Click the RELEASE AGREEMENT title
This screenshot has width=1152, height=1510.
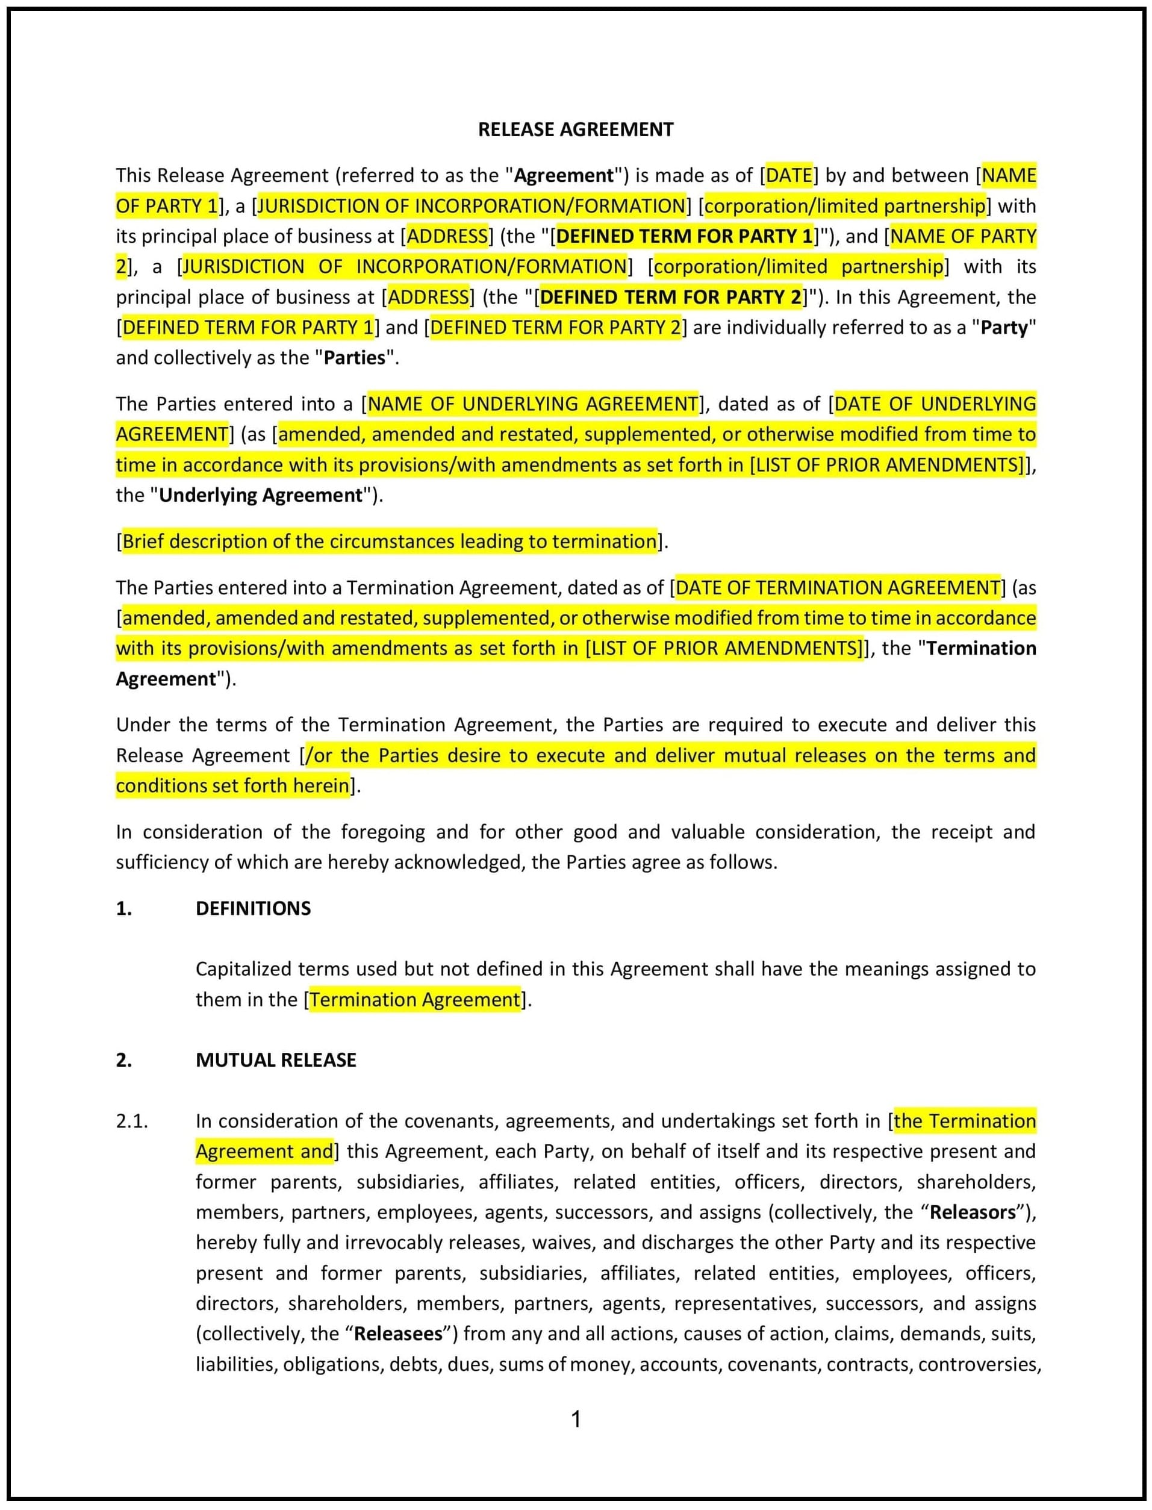point(575,129)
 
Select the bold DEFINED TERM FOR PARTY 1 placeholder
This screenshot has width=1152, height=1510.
point(683,237)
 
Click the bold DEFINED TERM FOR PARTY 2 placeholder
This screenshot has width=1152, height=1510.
point(670,298)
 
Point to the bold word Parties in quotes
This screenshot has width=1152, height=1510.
point(355,358)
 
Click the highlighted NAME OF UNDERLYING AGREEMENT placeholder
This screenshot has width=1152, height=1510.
point(532,404)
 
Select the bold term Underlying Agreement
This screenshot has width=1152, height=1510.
point(261,495)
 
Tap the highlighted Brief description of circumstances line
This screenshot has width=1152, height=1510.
point(389,541)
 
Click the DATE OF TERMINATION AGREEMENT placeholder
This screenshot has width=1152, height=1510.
point(837,588)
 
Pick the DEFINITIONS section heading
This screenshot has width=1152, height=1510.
point(253,909)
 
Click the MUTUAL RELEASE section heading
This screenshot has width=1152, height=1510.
point(276,1060)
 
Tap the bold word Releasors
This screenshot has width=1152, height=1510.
point(973,1212)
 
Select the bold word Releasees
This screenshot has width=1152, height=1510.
point(399,1334)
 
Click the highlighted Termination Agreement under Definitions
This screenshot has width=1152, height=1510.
point(415,1000)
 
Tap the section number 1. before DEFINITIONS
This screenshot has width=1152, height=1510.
point(123,909)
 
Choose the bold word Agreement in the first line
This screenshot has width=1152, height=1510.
point(564,175)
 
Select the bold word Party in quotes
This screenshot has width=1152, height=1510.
point(1004,328)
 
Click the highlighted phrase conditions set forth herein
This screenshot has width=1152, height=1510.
point(232,786)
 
